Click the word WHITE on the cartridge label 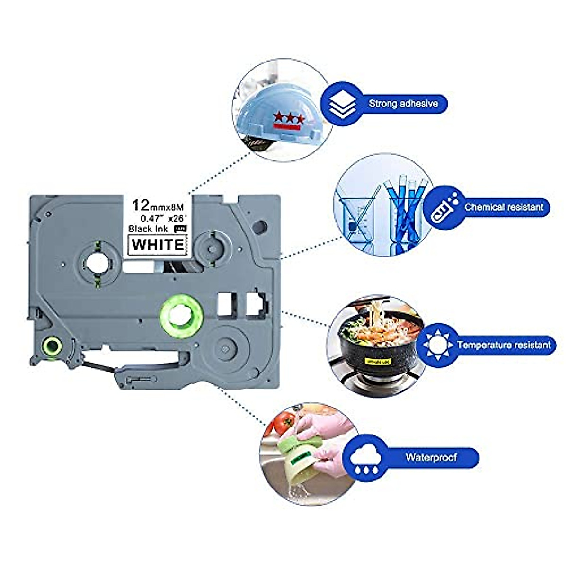(x=158, y=244)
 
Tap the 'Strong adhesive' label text (x=403, y=103)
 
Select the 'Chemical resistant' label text (x=504, y=207)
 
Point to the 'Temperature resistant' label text (x=504, y=345)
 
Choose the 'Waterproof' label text (x=431, y=457)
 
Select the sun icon (x=438, y=345)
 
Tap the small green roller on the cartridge (x=52, y=346)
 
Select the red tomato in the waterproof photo (x=285, y=422)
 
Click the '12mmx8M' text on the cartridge (x=160, y=205)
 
